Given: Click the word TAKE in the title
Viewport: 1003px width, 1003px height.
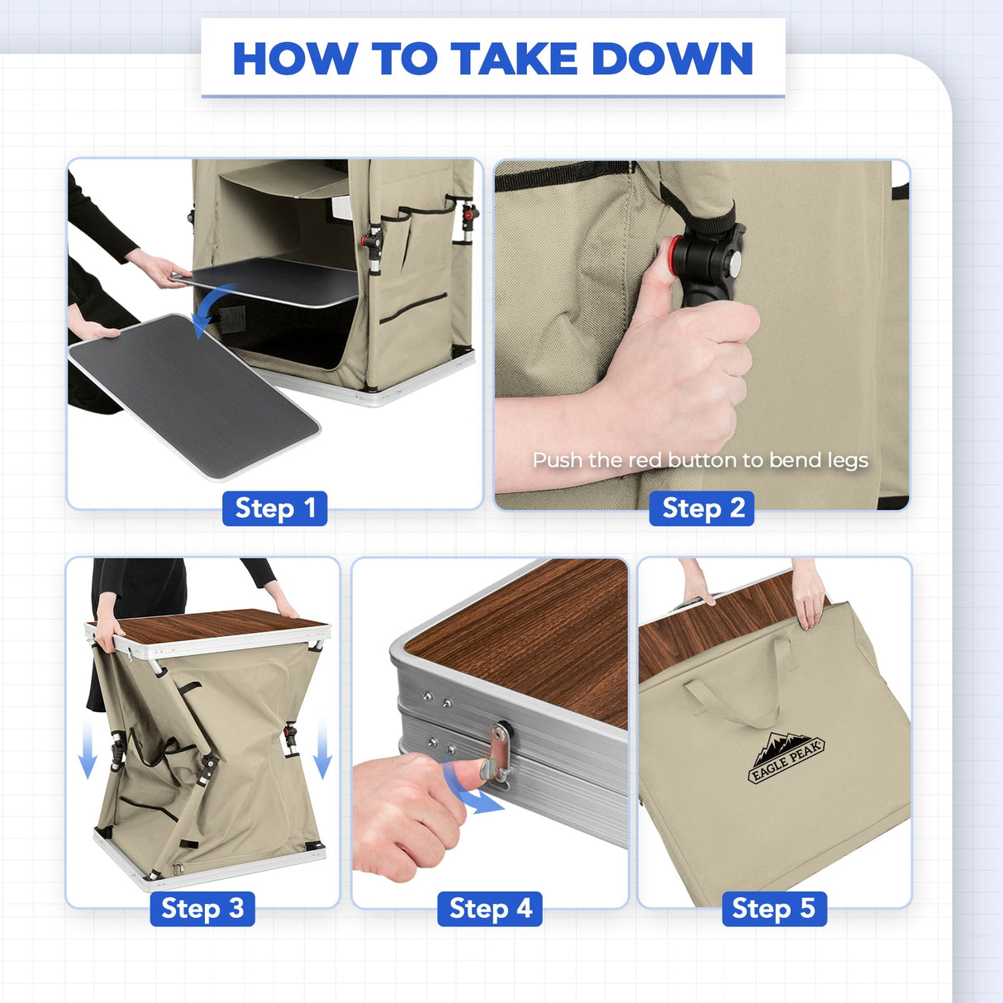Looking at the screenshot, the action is (514, 59).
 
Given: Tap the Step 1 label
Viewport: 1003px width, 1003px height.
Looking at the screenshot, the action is (275, 508).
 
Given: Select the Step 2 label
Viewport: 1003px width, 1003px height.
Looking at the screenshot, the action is (701, 508).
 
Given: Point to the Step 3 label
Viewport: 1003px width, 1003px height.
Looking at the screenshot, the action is (202, 908).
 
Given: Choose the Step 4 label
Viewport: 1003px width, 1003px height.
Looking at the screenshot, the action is (490, 908).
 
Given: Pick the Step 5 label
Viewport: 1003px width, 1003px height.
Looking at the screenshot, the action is (774, 908).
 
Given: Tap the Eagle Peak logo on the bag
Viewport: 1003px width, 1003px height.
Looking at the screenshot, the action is (786, 758).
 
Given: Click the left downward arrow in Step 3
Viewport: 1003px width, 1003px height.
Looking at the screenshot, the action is (88, 748).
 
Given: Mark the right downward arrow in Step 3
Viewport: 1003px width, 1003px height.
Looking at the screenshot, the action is (323, 748).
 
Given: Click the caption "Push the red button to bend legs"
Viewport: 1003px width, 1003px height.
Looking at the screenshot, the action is (701, 460).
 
